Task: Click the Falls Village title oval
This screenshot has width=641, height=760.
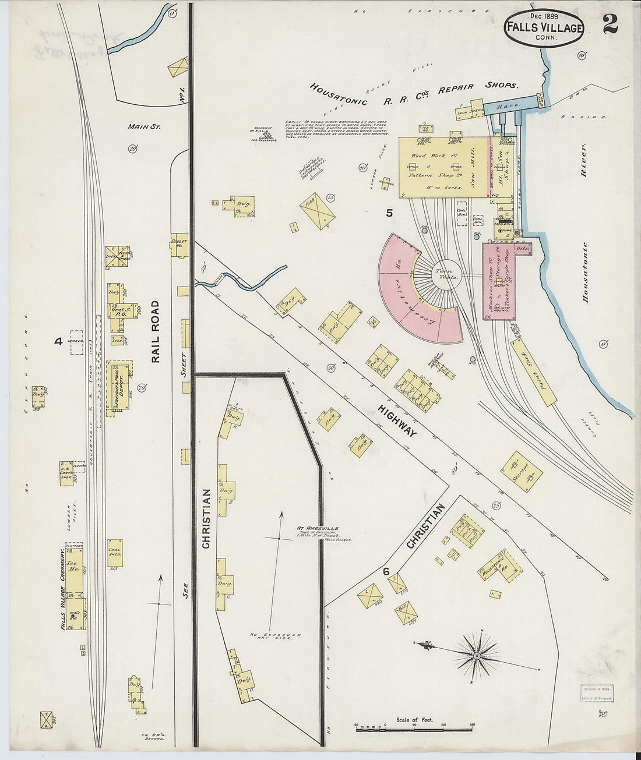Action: (544, 28)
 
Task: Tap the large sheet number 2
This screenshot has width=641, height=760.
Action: (610, 24)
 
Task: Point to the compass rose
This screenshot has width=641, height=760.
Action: (477, 656)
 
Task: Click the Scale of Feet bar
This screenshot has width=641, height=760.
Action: (413, 727)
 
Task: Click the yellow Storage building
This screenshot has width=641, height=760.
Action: (521, 471)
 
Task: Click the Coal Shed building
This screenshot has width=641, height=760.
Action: (115, 552)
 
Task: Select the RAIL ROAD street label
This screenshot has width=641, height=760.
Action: (156, 332)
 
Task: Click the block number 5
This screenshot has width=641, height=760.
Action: (389, 213)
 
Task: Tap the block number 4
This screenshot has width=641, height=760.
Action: (58, 341)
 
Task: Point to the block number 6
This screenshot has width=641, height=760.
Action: (386, 571)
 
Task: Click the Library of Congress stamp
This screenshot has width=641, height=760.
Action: (596, 694)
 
